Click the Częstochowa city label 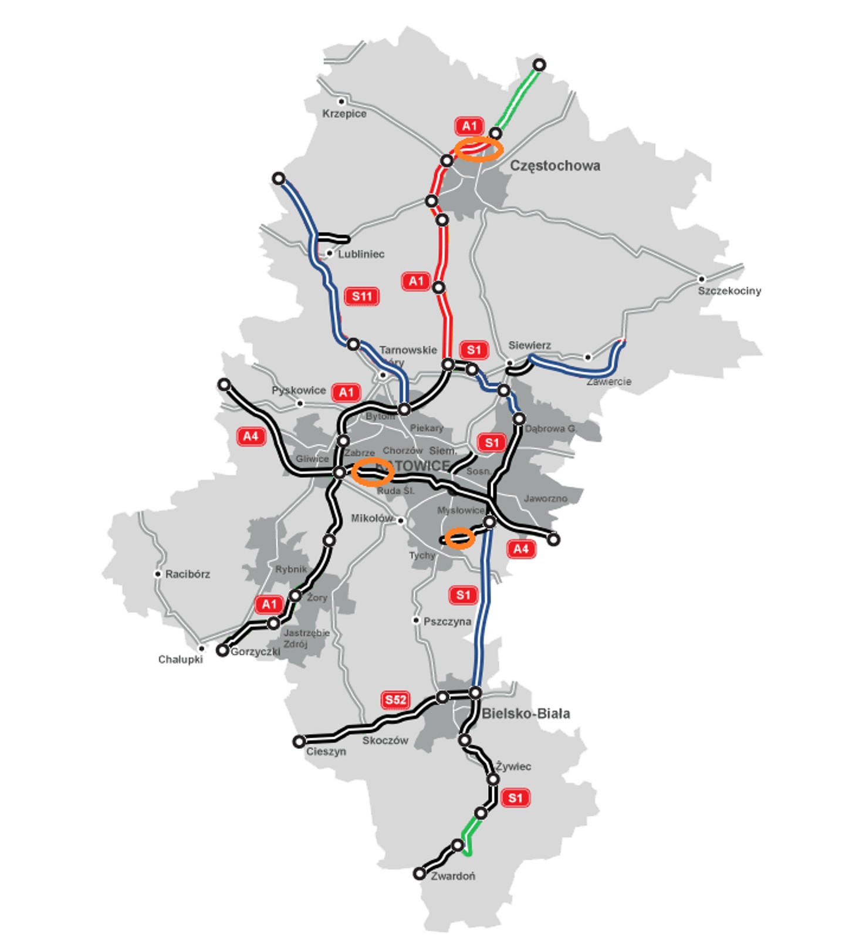click(554, 165)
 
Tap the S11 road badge click(361, 296)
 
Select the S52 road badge click(395, 700)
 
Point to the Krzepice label click(344, 114)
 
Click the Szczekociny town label click(729, 291)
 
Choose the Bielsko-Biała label click(526, 714)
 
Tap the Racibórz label click(187, 574)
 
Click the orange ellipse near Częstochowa click(480, 149)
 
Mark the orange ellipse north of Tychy click(459, 538)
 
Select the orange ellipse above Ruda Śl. click(373, 472)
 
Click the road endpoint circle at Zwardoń click(419, 874)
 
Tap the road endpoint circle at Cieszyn click(299, 742)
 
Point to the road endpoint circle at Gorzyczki click(222, 650)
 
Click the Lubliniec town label click(361, 254)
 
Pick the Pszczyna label click(447, 622)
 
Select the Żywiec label click(513, 766)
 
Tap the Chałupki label click(180, 660)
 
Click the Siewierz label click(529, 345)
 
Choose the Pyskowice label click(298, 390)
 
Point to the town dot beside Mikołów click(401, 521)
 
